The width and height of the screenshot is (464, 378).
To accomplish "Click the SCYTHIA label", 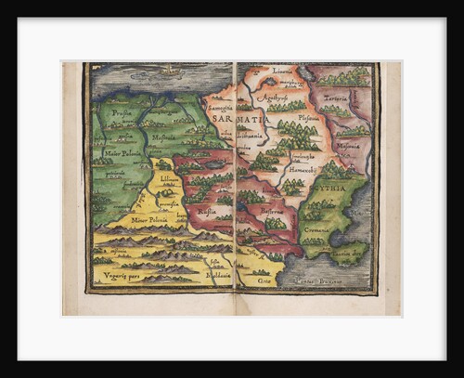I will click(336, 184).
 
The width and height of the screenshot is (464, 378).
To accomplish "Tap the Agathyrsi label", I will click(269, 96).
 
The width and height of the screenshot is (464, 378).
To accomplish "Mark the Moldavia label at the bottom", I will click(219, 275).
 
